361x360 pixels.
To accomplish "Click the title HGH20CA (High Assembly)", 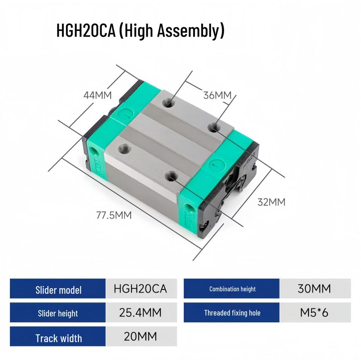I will coord(140,31).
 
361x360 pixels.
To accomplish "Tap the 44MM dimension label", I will coord(97,95).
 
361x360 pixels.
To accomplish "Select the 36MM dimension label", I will coord(217,95).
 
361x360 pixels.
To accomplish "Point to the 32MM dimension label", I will coord(271,202).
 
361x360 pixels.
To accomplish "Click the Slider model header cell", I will coord(58,290).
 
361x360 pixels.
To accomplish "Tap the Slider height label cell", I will coord(58,313).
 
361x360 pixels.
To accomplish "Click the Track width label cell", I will coord(58,338).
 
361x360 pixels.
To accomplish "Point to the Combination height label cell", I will coord(232,289).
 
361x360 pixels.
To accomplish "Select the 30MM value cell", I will coord(314,289).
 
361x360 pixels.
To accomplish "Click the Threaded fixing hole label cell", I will coord(232,312).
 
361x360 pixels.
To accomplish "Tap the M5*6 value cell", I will coord(314,312).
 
